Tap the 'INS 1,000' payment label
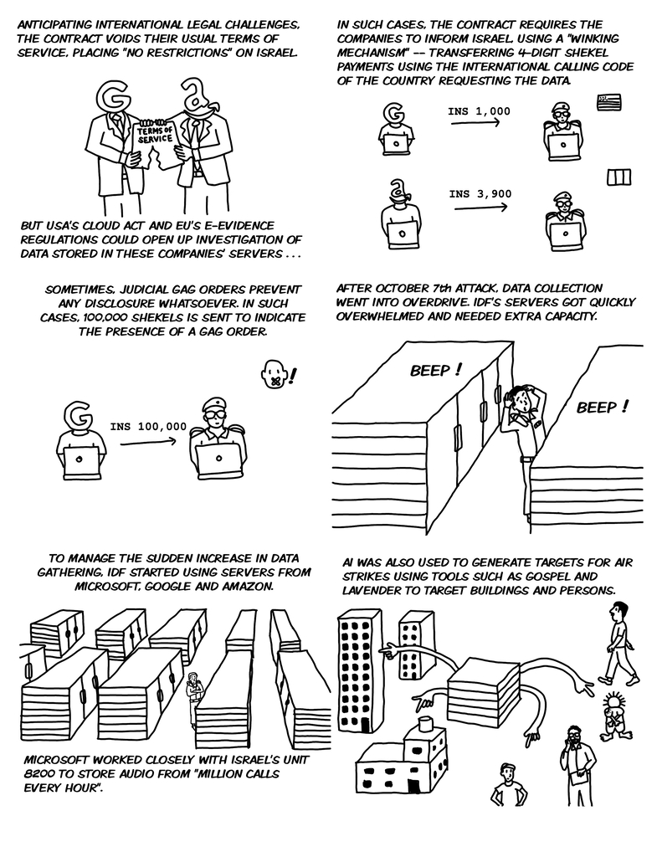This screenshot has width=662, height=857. pos(479,111)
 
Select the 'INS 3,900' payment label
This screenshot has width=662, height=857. pos(480,194)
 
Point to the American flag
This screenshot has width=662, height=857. pos(609,102)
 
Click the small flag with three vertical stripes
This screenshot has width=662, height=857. pos(618,177)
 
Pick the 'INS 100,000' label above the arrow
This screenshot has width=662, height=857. pos(148,427)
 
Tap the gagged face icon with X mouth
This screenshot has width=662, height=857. pos(274,374)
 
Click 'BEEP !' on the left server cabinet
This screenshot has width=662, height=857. pos(435,370)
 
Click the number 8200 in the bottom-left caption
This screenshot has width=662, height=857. pos(40,774)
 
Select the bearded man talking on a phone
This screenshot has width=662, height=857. pos(577,757)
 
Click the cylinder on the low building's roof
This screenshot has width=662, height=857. pos(425,720)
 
